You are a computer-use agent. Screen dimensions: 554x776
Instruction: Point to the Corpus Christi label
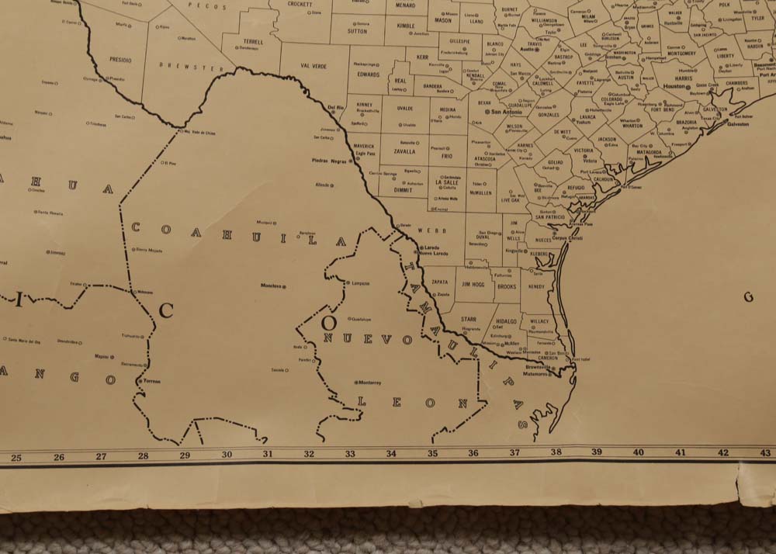click(566, 238)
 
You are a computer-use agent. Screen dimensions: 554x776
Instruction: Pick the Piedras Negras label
click(327, 161)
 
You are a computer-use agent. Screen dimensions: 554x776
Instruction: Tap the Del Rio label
click(335, 107)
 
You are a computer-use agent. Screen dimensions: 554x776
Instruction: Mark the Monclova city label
click(271, 286)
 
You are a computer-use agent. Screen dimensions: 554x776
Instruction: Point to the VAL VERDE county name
click(314, 67)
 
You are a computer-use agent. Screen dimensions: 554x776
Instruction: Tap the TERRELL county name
click(252, 42)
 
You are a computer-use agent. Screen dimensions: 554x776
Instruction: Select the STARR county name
click(468, 319)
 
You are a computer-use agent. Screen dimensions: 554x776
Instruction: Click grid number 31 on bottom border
click(268, 455)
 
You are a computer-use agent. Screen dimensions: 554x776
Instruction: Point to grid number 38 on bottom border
click(556, 452)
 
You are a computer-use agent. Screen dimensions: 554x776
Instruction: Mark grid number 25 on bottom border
click(16, 457)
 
